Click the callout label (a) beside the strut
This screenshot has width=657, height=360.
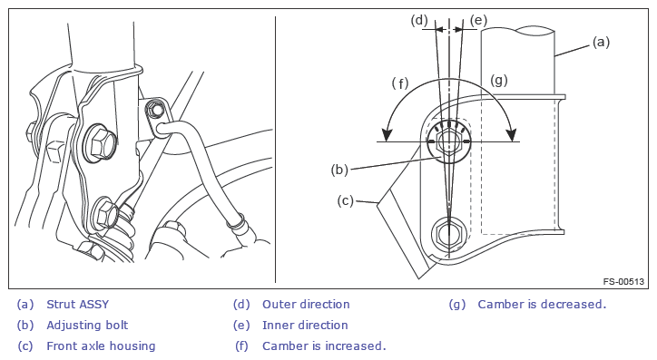[x=601, y=43]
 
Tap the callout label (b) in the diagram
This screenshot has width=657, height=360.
[x=339, y=170]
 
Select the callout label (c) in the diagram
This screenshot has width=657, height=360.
[x=346, y=201]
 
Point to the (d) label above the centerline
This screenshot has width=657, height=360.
[x=419, y=20]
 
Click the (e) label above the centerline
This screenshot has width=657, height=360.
[x=478, y=20]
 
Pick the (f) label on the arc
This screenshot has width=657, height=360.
[x=400, y=83]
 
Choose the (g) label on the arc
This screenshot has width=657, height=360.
[x=499, y=80]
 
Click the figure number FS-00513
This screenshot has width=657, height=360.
[x=623, y=281]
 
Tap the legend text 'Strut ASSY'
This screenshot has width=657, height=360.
[x=77, y=305]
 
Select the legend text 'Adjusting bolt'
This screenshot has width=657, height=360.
[x=87, y=326]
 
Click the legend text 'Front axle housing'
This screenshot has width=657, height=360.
[x=101, y=346]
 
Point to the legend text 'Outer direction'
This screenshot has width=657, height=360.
[x=306, y=305]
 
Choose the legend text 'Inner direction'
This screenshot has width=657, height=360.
[x=305, y=326]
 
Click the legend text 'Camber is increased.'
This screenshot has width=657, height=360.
[x=324, y=346]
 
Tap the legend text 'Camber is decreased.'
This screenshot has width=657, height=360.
[x=542, y=305]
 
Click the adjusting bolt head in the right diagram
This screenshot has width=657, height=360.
[x=449, y=142]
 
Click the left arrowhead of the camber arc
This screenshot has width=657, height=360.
[x=387, y=134]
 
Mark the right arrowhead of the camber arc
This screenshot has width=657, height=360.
[x=511, y=134]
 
